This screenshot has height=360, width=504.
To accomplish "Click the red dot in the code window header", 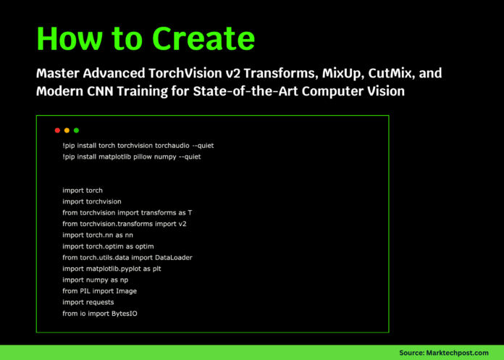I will tap(57, 130).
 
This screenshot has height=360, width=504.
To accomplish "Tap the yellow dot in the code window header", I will tap(67, 130).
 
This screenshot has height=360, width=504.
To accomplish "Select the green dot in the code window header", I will tap(76, 130).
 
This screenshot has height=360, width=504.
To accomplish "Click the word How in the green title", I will tap(70, 38).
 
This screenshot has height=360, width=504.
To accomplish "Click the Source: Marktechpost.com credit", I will tap(444, 352).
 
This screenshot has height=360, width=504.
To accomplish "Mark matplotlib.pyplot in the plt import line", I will tap(114, 269).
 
